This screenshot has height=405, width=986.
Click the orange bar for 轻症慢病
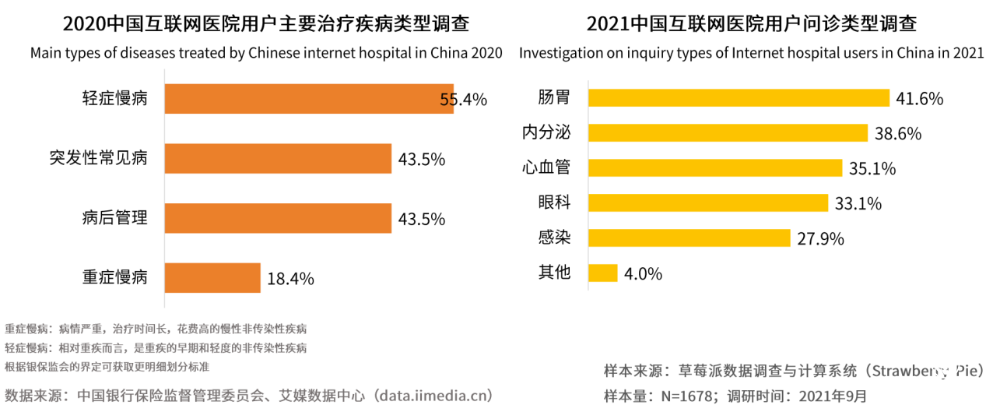point(309,99)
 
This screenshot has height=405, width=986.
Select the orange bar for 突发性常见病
point(278,159)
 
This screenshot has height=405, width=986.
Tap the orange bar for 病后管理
point(278,218)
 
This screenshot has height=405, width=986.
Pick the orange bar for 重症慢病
point(212,277)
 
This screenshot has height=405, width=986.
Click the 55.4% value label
point(463,100)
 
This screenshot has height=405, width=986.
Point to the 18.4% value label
point(290,278)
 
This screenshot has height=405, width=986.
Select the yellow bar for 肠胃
point(738,98)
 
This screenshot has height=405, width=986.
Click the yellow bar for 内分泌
point(727,133)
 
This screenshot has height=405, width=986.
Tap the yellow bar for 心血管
point(714,168)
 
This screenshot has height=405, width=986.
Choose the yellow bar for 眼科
point(707,203)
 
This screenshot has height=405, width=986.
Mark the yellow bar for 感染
point(689,238)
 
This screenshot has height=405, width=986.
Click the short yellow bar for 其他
point(602,273)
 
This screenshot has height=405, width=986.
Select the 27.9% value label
point(820,239)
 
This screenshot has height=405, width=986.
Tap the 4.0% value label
point(643,274)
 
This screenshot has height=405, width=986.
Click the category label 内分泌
point(546,133)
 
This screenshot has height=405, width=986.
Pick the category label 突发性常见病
point(98,159)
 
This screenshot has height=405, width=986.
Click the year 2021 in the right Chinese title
point(607,23)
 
